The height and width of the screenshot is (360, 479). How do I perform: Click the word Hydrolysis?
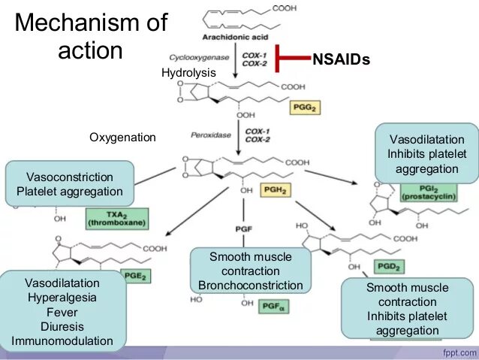tap(188, 72)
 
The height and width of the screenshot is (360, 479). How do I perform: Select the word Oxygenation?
tap(122, 138)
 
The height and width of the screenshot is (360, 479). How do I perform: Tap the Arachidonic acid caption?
tap(234, 36)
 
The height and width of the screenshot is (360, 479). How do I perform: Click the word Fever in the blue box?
tap(62, 312)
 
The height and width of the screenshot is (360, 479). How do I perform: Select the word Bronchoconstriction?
tap(251, 285)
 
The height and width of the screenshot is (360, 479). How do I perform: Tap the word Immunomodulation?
tap(62, 340)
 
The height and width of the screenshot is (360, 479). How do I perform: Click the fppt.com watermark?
tap(453, 352)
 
